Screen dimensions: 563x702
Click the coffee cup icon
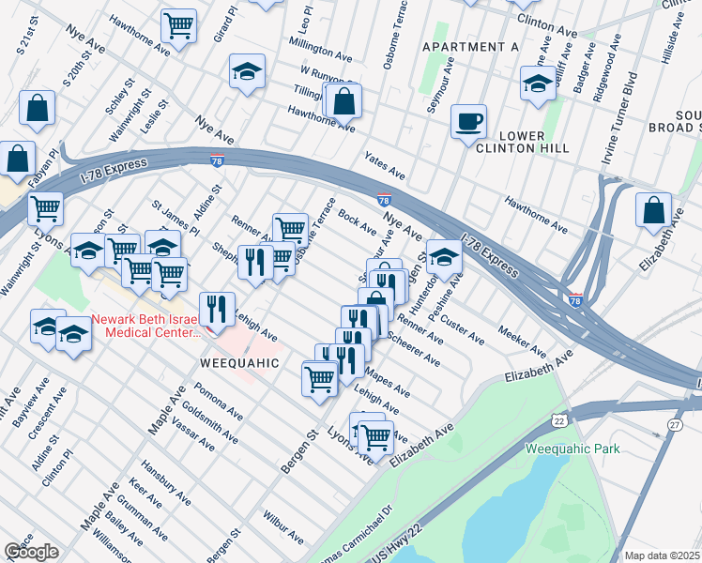click(468, 121)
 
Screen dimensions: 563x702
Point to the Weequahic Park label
click(572, 449)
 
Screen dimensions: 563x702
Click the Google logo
click(31, 552)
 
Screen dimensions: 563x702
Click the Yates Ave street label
click(385, 168)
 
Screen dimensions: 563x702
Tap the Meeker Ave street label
click(523, 342)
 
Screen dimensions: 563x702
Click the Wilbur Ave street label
click(282, 528)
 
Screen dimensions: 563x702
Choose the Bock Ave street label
click(357, 223)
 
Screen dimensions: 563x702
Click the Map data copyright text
click(662, 555)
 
